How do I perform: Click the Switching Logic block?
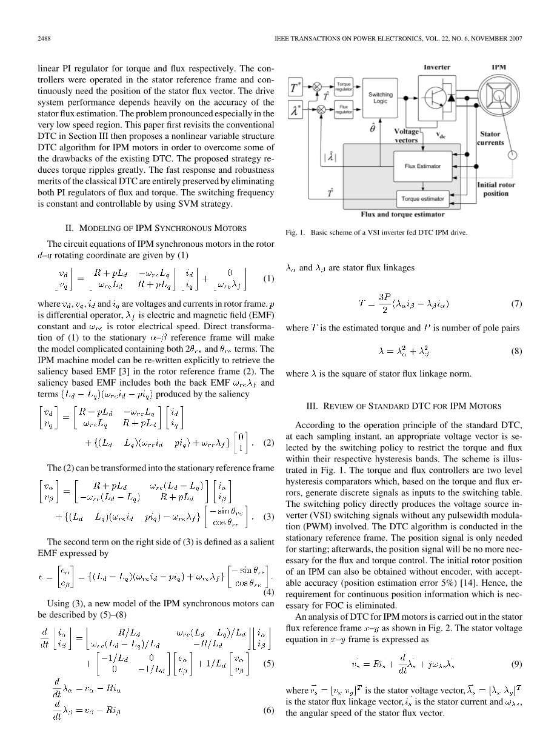(381, 98)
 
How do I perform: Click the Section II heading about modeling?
(156, 228)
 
